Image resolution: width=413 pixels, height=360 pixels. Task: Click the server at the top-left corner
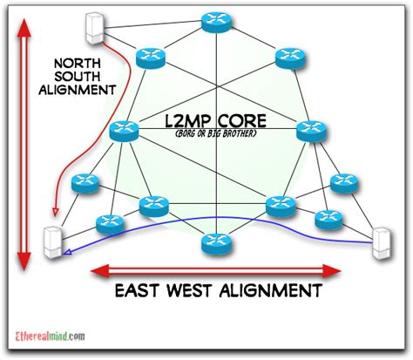tap(91, 27)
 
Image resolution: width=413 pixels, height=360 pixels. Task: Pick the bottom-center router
tap(212, 244)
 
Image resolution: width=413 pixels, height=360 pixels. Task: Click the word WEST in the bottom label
tap(201, 289)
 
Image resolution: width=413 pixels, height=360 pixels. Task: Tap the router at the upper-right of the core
tap(288, 58)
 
